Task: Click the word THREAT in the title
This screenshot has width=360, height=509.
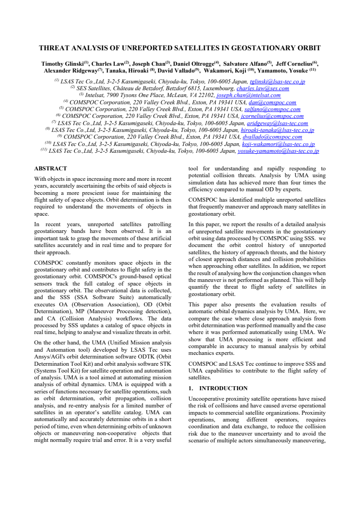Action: [x=54, y=48]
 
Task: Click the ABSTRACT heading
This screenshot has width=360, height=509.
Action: [x=50, y=169]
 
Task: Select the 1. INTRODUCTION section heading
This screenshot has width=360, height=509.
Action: [x=218, y=388]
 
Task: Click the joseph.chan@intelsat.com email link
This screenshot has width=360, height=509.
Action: [x=248, y=96]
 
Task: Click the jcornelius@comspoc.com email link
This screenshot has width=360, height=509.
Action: [x=272, y=116]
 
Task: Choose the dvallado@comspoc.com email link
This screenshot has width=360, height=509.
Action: [x=272, y=137]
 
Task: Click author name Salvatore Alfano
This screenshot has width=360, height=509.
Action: [x=245, y=64]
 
